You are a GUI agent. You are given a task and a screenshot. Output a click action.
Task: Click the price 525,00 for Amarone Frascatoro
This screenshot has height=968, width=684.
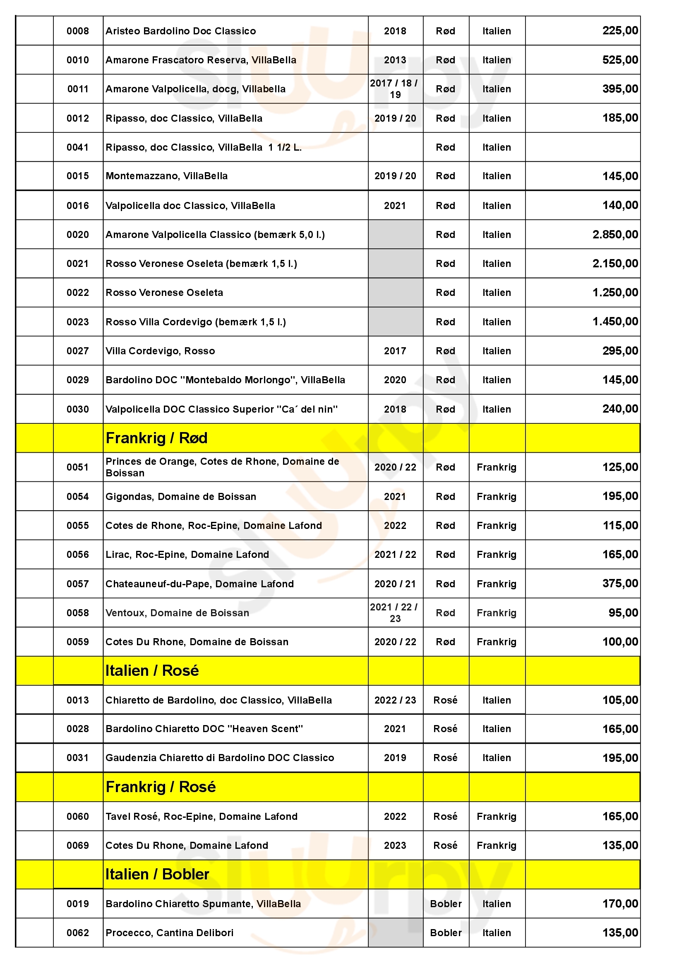click(x=620, y=60)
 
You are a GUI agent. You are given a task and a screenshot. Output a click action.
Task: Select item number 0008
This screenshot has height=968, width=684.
click(x=78, y=31)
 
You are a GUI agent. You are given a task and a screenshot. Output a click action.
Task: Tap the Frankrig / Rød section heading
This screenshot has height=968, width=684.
click(x=156, y=438)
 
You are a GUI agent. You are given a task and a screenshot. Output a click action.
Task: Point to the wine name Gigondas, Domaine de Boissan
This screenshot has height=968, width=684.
click(x=181, y=497)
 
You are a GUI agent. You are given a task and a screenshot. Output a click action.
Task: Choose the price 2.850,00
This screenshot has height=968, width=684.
click(x=615, y=234)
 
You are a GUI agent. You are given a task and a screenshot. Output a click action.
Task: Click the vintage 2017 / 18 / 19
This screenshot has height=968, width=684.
click(x=394, y=89)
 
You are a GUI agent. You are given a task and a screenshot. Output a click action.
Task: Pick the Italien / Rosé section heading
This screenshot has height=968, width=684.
click(x=152, y=671)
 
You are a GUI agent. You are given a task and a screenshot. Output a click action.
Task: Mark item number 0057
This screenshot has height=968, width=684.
click(x=78, y=584)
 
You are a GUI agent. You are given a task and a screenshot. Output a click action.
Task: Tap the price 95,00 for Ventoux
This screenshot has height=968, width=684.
click(x=623, y=613)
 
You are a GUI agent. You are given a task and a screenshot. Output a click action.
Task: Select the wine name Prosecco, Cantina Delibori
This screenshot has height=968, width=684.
click(x=169, y=932)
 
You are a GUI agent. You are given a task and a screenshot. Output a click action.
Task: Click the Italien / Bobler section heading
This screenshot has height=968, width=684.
click(x=157, y=874)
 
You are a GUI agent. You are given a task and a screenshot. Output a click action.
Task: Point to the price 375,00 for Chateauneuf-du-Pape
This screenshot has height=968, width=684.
click(x=620, y=584)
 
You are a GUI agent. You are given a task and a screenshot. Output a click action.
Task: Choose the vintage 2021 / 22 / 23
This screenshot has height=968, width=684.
click(x=394, y=613)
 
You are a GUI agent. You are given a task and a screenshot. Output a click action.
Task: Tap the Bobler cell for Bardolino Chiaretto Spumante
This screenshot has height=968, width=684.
click(x=446, y=904)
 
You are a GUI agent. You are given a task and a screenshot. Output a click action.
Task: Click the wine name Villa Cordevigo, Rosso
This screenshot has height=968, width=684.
click(x=160, y=351)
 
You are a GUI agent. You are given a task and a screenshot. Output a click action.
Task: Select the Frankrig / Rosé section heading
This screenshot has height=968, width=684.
click(x=161, y=787)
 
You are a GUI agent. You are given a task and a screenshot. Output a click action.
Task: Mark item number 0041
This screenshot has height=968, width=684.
click(x=78, y=147)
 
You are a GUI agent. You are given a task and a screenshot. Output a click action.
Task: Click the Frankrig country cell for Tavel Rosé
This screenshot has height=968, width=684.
click(x=497, y=817)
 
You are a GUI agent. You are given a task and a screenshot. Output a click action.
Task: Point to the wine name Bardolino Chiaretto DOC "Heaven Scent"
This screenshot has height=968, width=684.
click(x=204, y=729)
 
